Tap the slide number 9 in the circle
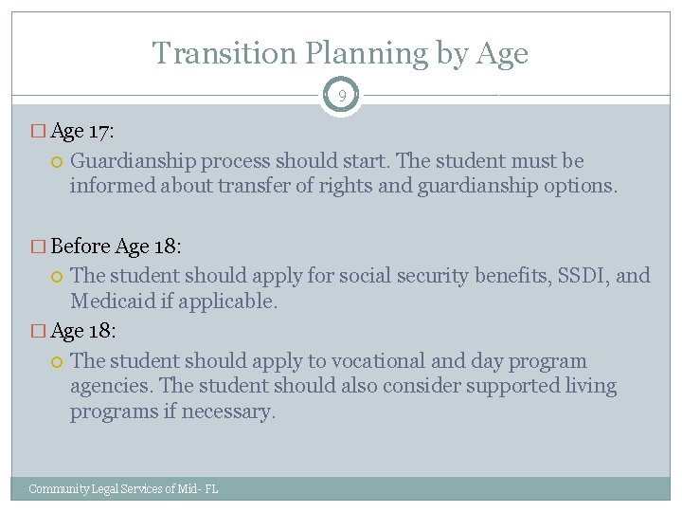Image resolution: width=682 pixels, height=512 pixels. [x=340, y=95]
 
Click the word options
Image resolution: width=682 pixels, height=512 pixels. [x=582, y=186]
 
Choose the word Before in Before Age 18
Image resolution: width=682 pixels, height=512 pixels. [x=81, y=247]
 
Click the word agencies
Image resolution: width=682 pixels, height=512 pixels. [x=111, y=387]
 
